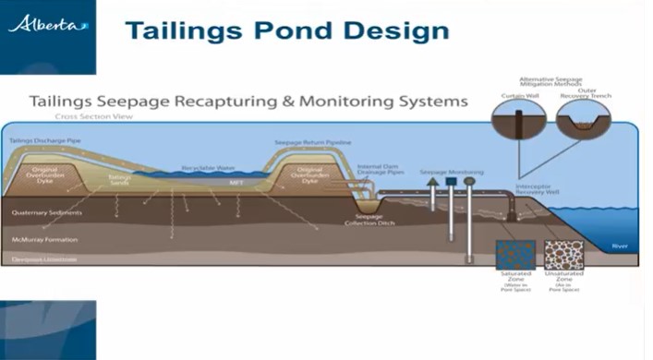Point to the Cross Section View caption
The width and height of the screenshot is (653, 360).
(x=92, y=117)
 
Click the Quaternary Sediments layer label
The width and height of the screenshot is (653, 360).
(x=47, y=213)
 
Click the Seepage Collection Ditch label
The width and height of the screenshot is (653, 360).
(x=363, y=221)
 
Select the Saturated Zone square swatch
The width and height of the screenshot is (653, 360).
(x=515, y=255)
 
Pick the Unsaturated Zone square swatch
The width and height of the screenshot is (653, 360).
(x=563, y=255)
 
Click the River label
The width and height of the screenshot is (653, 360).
(x=619, y=246)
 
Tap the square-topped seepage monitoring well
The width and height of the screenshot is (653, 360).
(x=452, y=182)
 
